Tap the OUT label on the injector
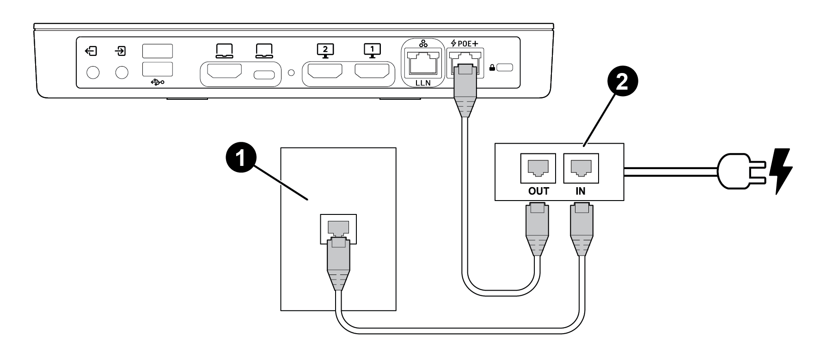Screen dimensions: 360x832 tap(538, 191)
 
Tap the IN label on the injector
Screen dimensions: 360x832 tap(580, 191)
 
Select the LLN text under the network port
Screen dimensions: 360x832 tap(422, 84)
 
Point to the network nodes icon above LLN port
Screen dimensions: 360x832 tap(422, 43)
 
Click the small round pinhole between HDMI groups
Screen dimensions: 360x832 tap(290, 72)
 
